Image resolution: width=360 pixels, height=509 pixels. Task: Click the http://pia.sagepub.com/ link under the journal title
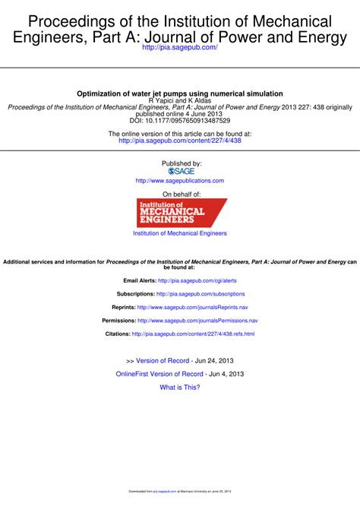[x=180, y=48]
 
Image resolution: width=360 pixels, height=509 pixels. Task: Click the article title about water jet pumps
[x=180, y=93]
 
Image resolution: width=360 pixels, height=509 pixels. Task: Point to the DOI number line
[x=180, y=120]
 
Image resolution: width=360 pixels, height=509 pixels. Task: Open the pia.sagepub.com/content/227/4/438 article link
[x=180, y=141]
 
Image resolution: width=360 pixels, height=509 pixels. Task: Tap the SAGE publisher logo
[x=180, y=171]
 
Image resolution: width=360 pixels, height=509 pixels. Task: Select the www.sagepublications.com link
[x=180, y=181]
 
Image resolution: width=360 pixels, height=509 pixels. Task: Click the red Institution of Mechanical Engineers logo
[x=180, y=212]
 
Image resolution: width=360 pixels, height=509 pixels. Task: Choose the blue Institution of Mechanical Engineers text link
[x=180, y=233]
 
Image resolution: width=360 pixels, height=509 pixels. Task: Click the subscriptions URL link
[x=201, y=293]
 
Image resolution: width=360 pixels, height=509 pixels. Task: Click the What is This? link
[x=180, y=387]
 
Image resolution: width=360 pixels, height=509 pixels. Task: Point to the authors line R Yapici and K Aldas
[x=180, y=100]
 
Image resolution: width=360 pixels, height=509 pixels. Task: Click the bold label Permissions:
[x=118, y=321]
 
